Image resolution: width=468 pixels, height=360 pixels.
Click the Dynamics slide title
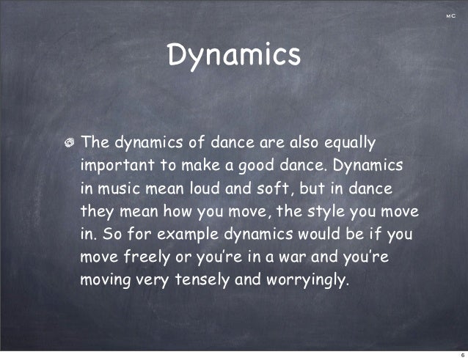point(234,55)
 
